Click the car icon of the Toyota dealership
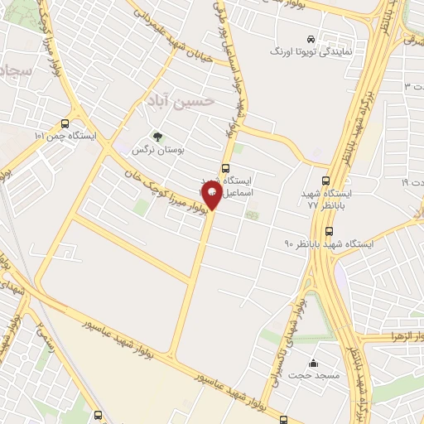click(x=311, y=39)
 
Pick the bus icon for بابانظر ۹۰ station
click(x=330, y=231)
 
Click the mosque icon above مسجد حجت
click(x=313, y=363)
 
